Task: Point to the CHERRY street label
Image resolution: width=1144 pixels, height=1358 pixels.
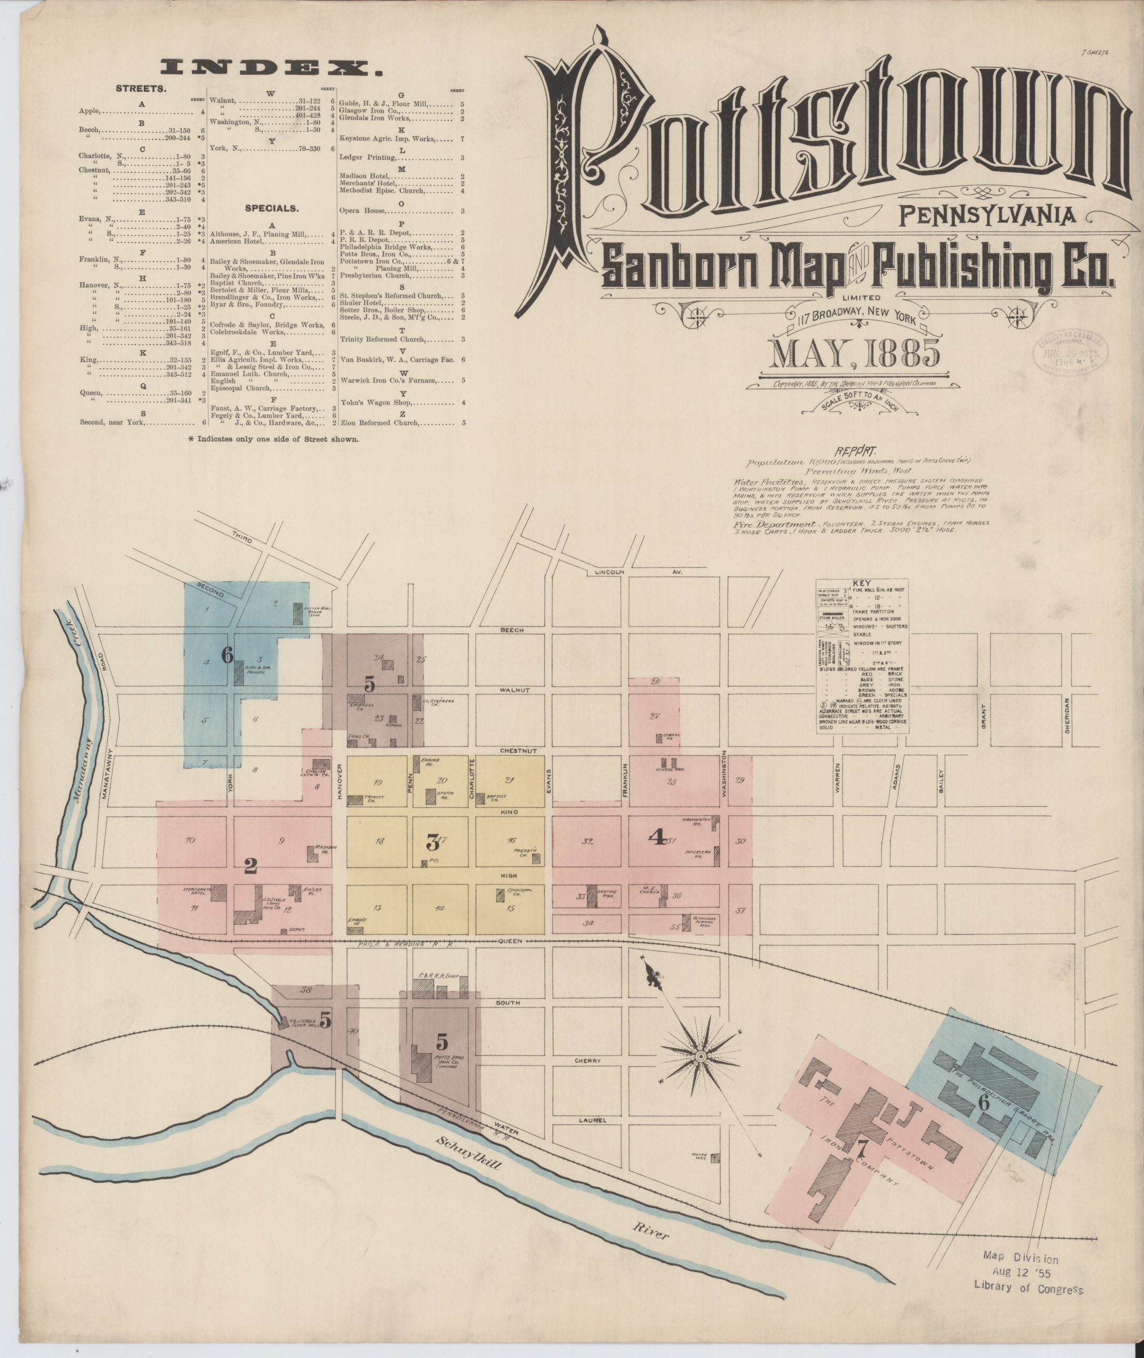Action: pos(587,1061)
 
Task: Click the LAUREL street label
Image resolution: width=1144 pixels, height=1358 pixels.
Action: pos(589,1120)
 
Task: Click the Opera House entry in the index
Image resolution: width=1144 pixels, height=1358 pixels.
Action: pos(363,210)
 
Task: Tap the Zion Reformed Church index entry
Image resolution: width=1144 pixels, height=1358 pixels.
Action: pos(380,422)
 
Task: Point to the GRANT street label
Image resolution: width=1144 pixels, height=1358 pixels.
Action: pos(984,716)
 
